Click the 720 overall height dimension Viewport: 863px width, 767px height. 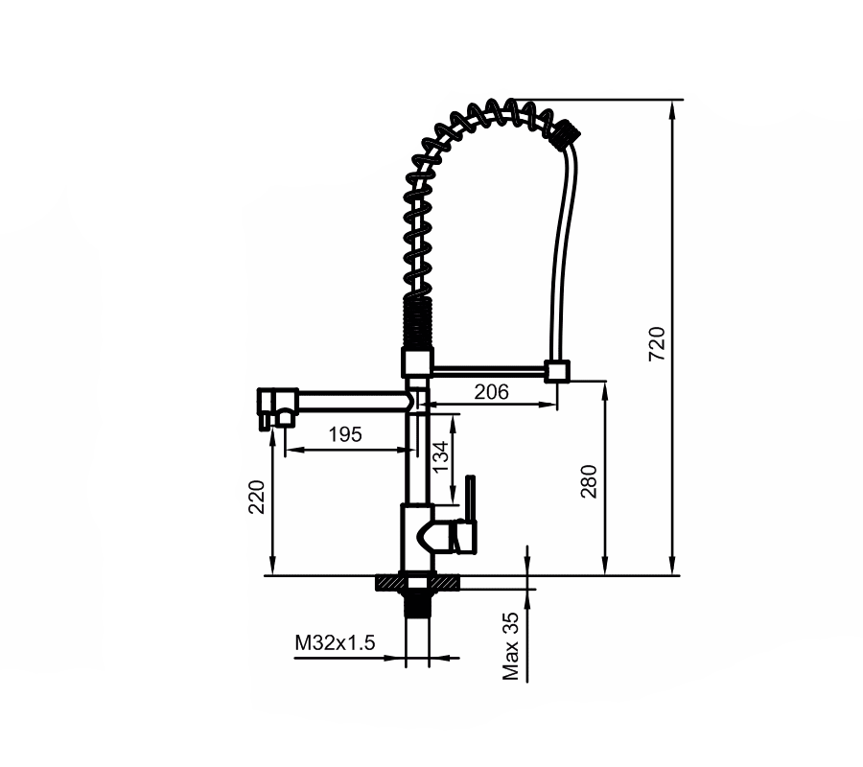pyautogui.click(x=657, y=343)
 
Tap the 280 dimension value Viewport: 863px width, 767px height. pyautogui.click(x=589, y=481)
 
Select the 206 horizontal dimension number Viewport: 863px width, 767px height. pyautogui.click(x=492, y=392)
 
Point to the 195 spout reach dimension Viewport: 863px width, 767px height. pyautogui.click(x=345, y=434)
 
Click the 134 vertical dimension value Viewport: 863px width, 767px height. pyautogui.click(x=440, y=456)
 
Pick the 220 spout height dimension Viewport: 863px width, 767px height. pyautogui.click(x=256, y=497)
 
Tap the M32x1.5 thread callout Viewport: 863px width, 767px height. pyautogui.click(x=335, y=642)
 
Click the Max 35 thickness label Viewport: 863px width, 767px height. pyautogui.click(x=511, y=646)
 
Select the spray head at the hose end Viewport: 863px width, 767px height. pyautogui.click(x=566, y=133)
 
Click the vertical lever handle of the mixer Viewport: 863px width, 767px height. pyautogui.click(x=470, y=498)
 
